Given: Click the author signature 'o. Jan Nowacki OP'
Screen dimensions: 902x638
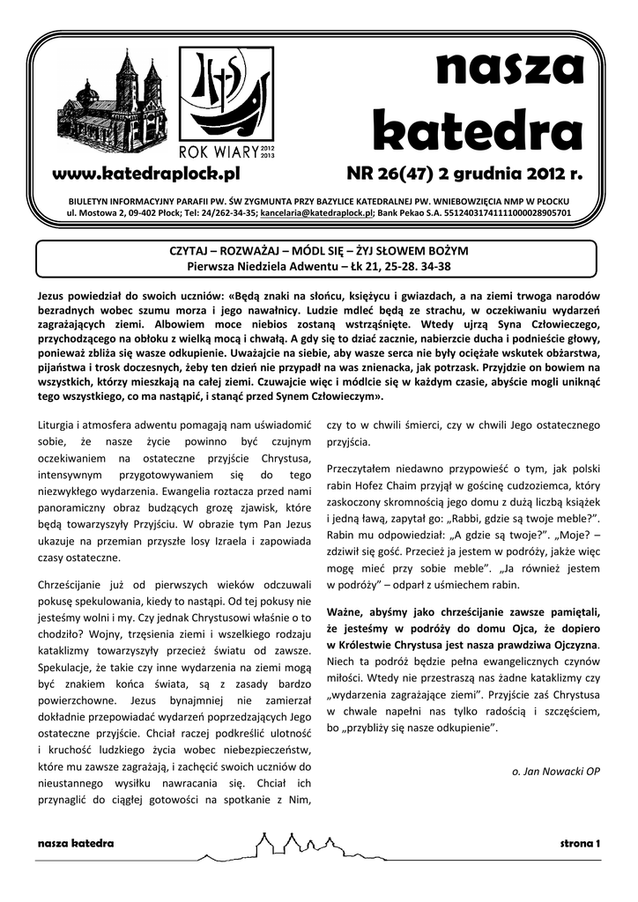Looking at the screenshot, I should tap(556, 771).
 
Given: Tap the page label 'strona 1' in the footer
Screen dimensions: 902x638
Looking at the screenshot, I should tap(580, 844).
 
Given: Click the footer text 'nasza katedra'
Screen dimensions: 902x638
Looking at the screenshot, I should tap(76, 844).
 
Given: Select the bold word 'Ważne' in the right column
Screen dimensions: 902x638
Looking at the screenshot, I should tap(346, 612).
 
